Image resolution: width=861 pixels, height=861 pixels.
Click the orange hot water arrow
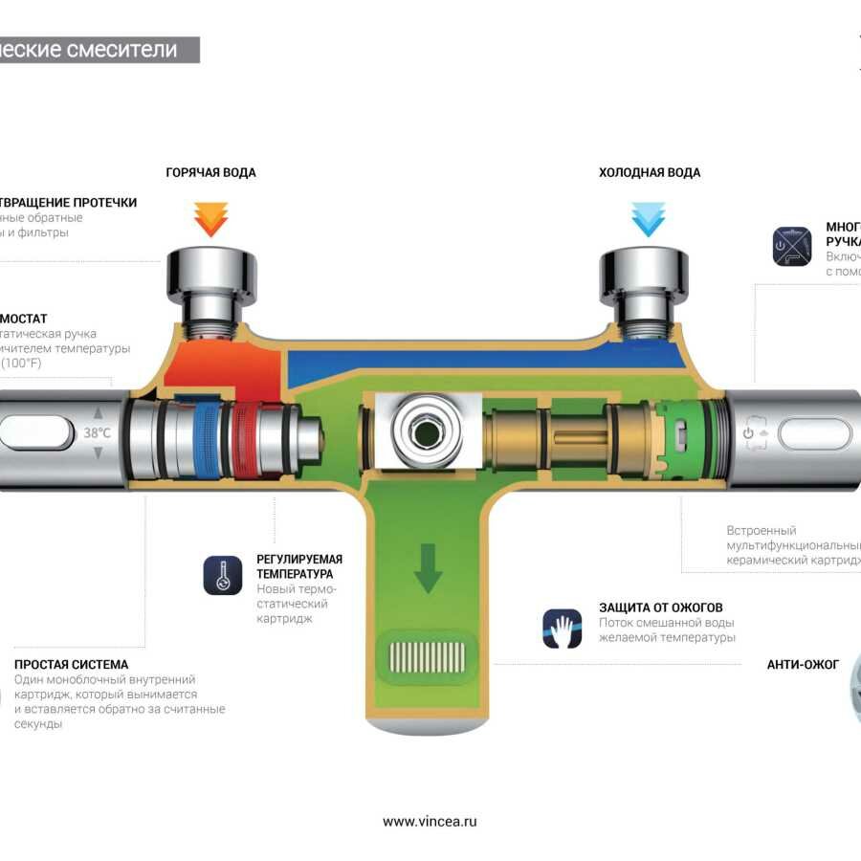pyautogui.click(x=210, y=219)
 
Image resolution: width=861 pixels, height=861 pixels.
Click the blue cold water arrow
pyautogui.click(x=648, y=219)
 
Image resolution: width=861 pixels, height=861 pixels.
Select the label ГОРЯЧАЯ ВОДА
pyautogui.click(x=210, y=173)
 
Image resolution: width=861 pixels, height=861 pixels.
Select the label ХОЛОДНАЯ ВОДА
pyautogui.click(x=650, y=173)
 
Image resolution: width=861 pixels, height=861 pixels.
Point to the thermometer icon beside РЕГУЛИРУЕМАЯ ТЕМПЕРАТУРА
pyautogui.click(x=223, y=575)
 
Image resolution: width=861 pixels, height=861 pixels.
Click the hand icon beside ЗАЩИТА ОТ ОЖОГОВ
pyautogui.click(x=563, y=629)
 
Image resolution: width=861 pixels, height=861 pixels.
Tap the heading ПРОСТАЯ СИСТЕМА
pyautogui.click(x=71, y=664)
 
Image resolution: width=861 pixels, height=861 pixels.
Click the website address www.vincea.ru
pyautogui.click(x=430, y=821)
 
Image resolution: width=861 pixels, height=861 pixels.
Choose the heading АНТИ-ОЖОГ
pyautogui.click(x=803, y=664)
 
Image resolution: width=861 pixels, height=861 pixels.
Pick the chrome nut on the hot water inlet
pyautogui.click(x=211, y=273)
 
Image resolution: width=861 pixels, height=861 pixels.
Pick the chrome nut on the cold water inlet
pyautogui.click(x=645, y=273)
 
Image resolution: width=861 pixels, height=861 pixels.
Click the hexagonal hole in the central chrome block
pyautogui.click(x=422, y=432)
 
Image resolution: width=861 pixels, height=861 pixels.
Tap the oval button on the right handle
pyautogui.click(x=814, y=433)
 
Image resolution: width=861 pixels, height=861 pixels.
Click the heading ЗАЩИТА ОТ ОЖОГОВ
pyautogui.click(x=661, y=607)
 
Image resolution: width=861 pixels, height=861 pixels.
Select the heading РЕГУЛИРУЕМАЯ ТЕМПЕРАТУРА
pyautogui.click(x=299, y=566)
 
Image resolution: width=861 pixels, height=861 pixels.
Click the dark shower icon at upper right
pyautogui.click(x=791, y=246)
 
